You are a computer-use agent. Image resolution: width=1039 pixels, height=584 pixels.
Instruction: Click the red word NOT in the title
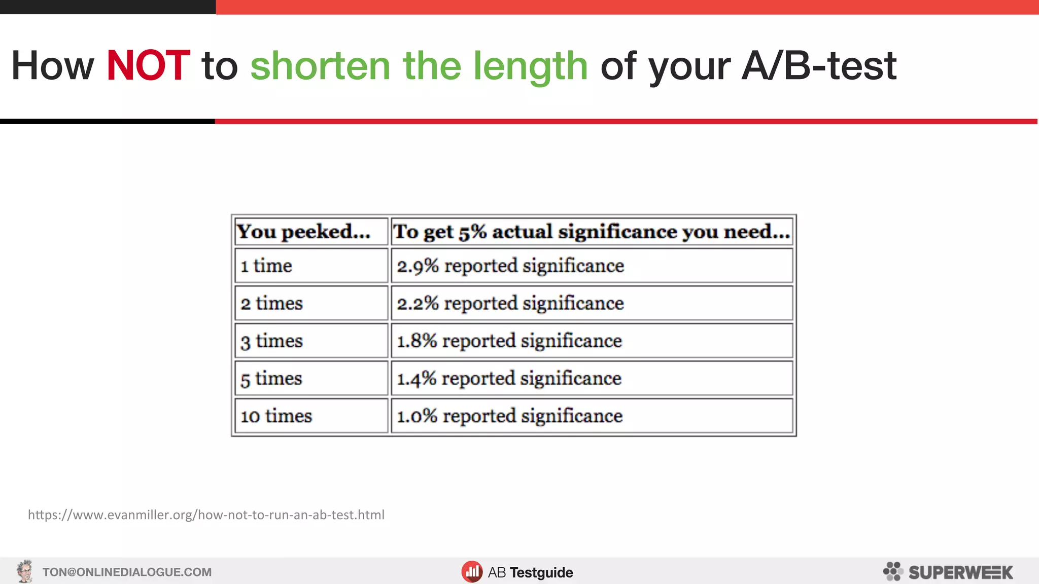tap(148, 66)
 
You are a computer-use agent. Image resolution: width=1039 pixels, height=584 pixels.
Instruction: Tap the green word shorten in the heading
tap(320, 66)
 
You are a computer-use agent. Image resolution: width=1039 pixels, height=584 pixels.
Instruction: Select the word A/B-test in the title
tap(819, 66)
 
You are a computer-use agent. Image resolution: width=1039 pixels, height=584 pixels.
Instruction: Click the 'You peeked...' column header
tap(303, 232)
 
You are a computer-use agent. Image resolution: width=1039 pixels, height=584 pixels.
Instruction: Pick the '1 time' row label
tap(266, 266)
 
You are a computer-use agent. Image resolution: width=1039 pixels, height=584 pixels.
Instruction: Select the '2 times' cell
tap(271, 303)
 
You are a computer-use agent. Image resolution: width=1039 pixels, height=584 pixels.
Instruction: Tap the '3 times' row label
tap(271, 341)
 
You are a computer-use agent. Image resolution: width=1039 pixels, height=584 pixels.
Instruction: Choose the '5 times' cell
tap(271, 378)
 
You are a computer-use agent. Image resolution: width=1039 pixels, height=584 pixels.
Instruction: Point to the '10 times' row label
tap(276, 416)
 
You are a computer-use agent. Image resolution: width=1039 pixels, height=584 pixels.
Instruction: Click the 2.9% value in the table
tap(418, 266)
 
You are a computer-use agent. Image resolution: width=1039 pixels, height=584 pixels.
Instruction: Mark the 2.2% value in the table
tap(418, 303)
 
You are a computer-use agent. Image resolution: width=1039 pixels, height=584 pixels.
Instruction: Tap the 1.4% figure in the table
tap(417, 378)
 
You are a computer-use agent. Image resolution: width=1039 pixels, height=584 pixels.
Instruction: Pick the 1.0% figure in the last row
tap(417, 416)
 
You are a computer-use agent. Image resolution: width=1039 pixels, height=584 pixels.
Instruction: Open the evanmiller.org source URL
tap(206, 515)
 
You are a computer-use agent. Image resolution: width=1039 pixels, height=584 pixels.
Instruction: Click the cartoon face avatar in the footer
tap(24, 571)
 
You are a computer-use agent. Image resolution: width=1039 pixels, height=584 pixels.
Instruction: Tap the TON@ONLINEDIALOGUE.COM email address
tap(127, 572)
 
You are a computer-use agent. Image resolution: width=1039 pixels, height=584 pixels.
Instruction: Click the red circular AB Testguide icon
tap(472, 572)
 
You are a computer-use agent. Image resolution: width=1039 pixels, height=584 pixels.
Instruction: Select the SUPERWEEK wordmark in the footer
tap(960, 572)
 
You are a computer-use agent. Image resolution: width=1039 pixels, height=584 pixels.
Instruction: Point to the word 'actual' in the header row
tap(522, 232)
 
